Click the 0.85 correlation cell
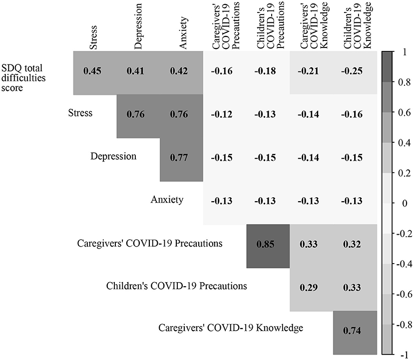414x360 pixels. (x=268, y=245)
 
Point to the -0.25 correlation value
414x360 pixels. (x=355, y=71)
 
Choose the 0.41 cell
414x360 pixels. (x=137, y=71)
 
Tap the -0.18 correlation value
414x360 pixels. (x=268, y=71)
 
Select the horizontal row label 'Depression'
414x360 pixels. (x=113, y=156)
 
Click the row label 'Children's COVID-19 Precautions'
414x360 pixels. (x=177, y=286)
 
